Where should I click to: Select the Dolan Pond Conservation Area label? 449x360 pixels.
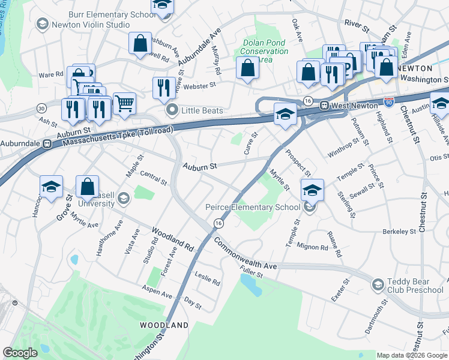click(x=265, y=51)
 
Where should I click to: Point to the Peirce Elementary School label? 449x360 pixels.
click(x=252, y=207)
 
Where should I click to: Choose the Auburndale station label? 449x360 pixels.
click(x=22, y=144)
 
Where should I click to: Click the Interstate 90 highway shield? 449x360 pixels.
click(x=389, y=103)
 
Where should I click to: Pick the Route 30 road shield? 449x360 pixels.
click(x=41, y=108)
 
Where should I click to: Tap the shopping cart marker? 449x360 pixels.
click(x=124, y=103)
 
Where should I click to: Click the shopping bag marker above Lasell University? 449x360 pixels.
click(x=88, y=186)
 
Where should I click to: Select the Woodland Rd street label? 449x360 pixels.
click(x=173, y=239)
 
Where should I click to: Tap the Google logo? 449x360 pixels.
click(x=20, y=352)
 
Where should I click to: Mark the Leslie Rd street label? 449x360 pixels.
click(x=207, y=278)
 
